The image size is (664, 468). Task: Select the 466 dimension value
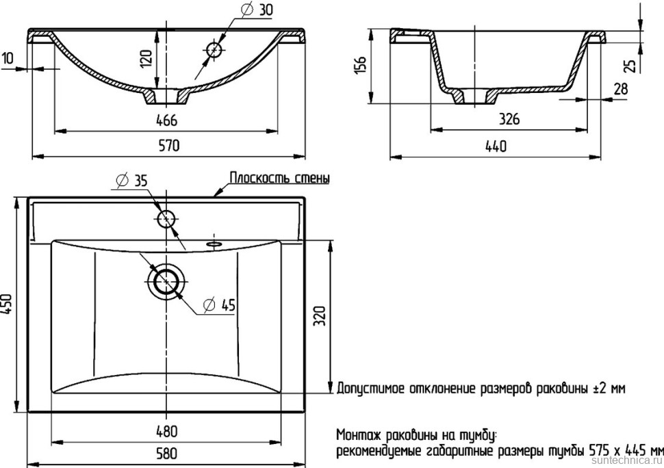[167, 120]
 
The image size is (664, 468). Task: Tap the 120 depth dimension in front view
[145, 59]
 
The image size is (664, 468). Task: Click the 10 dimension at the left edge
[8, 59]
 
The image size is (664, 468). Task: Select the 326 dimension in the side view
[507, 119]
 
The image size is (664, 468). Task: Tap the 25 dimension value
[631, 64]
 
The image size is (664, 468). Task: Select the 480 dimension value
[166, 431]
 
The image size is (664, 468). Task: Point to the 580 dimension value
[166, 453]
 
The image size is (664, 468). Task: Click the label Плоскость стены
[279, 179]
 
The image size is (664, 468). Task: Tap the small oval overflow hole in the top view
[214, 242]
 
